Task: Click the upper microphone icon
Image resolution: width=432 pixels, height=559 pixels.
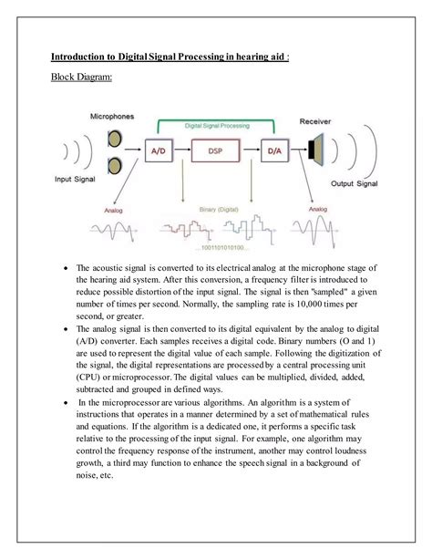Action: pyautogui.click(x=114, y=139)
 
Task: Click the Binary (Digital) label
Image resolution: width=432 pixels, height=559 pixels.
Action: pyautogui.click(x=218, y=209)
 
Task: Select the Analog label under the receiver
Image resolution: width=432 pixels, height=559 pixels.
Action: pyautogui.click(x=317, y=209)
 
